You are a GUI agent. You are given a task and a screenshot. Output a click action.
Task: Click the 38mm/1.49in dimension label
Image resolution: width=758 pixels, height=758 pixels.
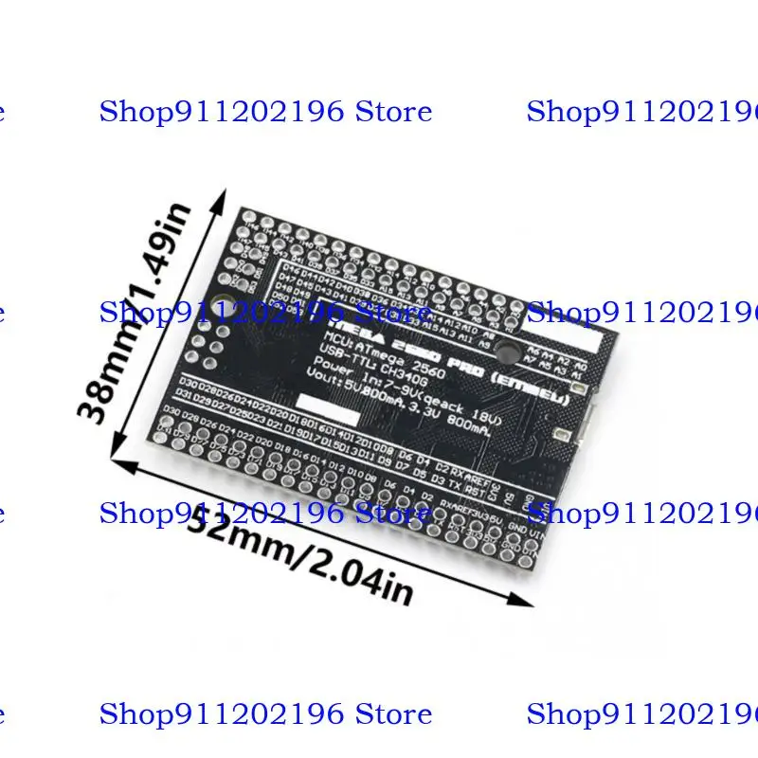[x=141, y=314]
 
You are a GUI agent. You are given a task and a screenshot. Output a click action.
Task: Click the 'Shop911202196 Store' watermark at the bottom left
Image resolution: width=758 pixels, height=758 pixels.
[x=265, y=713]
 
